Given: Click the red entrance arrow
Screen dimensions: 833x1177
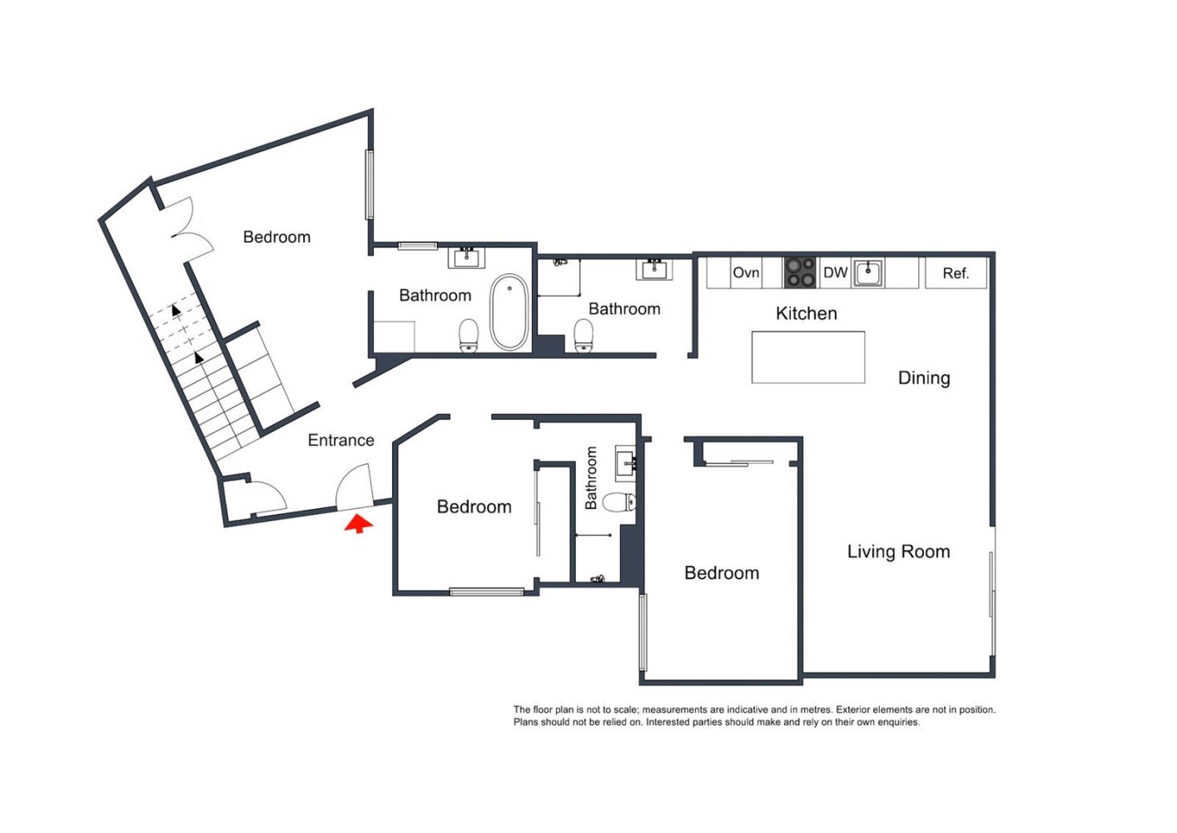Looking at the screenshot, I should pyautogui.click(x=358, y=524).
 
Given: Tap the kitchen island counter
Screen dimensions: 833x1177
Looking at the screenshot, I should pyautogui.click(x=807, y=357).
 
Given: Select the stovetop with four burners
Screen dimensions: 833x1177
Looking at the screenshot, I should pyautogui.click(x=801, y=272).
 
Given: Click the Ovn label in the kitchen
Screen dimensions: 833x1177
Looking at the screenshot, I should pyautogui.click(x=746, y=273).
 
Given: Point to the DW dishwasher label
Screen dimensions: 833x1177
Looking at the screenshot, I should pyautogui.click(x=835, y=273).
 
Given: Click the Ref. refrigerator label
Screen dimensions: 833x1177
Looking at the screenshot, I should pyautogui.click(x=956, y=273).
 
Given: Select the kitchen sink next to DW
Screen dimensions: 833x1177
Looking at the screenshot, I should pyautogui.click(x=868, y=272).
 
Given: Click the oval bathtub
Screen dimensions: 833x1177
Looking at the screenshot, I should pyautogui.click(x=509, y=312).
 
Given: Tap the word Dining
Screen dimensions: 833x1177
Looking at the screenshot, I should pyautogui.click(x=924, y=378).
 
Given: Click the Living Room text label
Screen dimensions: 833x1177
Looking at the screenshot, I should pyautogui.click(x=898, y=551).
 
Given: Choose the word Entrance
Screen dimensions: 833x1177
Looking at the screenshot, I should pyautogui.click(x=341, y=441).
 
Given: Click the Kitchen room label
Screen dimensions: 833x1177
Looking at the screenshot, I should pyautogui.click(x=806, y=314).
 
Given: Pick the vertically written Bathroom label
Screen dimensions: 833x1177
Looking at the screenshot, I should pyautogui.click(x=592, y=478).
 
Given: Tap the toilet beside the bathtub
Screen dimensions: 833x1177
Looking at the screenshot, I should pyautogui.click(x=469, y=336).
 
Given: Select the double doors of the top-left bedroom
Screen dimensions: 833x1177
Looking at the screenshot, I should pyautogui.click(x=188, y=229).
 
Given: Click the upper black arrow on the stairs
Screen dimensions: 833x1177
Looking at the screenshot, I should pyautogui.click(x=176, y=310).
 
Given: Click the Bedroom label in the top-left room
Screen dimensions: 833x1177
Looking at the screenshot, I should pyautogui.click(x=276, y=237).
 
